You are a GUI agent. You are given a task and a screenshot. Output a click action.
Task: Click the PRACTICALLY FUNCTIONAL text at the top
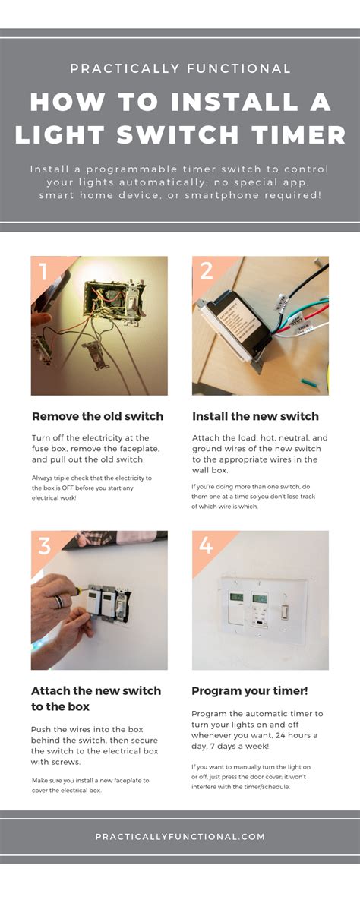click(x=180, y=69)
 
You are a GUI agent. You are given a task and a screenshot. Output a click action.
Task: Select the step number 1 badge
click(x=43, y=271)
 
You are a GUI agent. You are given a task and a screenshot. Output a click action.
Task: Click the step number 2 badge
click(x=206, y=271)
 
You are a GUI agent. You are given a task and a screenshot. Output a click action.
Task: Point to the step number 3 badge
click(x=44, y=545)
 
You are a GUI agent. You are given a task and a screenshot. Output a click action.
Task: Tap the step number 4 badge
click(x=206, y=545)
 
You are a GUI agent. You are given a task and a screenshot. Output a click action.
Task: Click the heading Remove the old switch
click(x=97, y=416)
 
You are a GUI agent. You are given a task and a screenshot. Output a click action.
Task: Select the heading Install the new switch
click(x=255, y=416)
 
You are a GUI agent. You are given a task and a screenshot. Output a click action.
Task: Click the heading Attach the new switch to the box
click(x=96, y=698)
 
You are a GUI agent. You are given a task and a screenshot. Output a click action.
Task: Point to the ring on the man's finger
click(x=58, y=602)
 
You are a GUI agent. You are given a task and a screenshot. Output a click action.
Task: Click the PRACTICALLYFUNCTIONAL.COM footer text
click(x=180, y=836)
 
